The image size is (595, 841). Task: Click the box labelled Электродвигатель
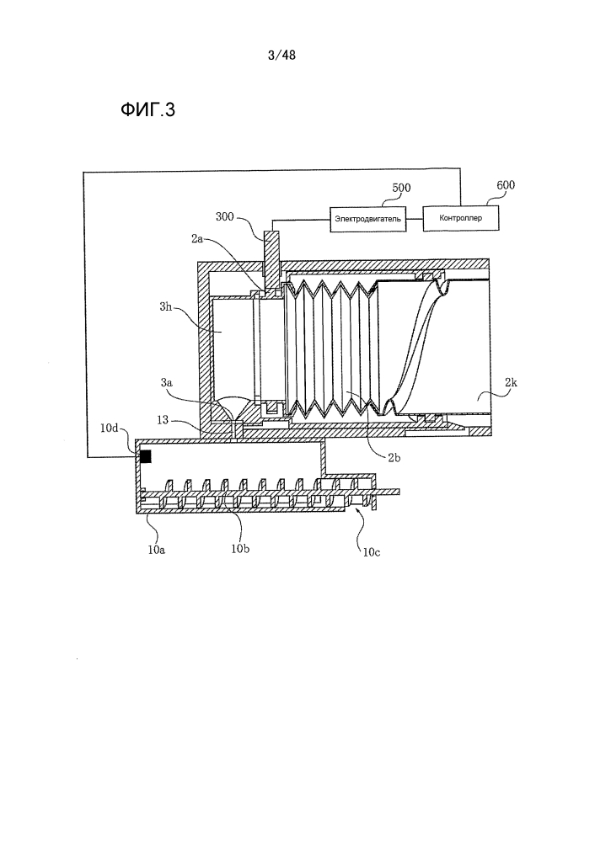pos(367,219)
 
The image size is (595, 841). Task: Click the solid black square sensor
pos(145,456)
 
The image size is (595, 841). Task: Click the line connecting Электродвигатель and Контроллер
pos(413,219)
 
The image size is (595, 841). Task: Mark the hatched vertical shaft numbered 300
pos(271,253)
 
